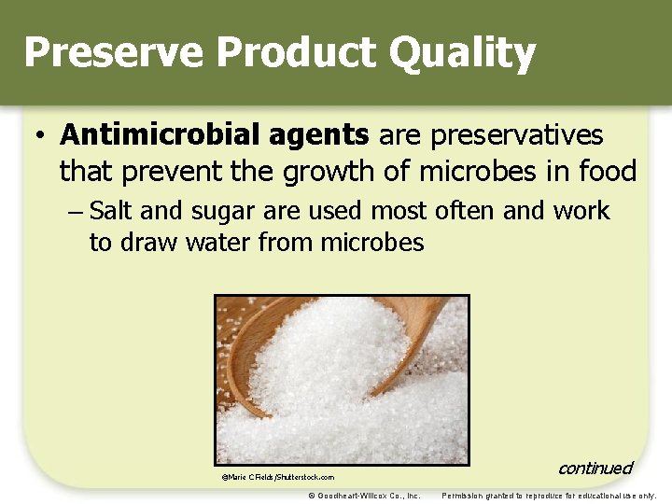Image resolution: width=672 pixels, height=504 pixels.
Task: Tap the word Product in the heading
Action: coord(276,53)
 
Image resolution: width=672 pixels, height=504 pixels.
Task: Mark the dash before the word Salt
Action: coord(77,212)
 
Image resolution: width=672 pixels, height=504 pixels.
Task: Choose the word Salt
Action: coord(112,211)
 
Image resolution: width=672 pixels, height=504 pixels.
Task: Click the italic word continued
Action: coord(595,468)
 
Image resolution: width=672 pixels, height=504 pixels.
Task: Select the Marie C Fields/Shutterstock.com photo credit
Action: coord(277,477)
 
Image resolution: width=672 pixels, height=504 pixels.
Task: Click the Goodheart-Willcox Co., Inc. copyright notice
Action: coord(364,496)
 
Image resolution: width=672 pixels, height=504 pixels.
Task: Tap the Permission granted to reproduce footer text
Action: coord(549,496)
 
